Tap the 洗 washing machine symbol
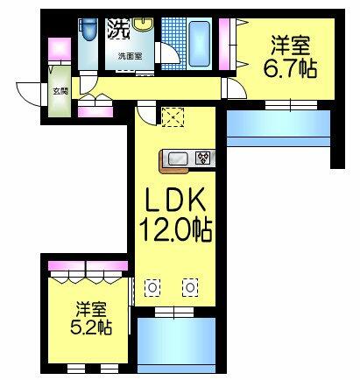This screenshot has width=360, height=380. tap(117, 28)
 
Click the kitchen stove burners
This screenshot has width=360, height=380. tap(203, 158)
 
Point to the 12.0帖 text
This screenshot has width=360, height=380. tap(175, 233)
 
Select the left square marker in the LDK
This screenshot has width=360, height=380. tap(152, 286)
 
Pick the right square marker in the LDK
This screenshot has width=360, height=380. tap(189, 286)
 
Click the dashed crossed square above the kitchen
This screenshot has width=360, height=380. tap(171, 117)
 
